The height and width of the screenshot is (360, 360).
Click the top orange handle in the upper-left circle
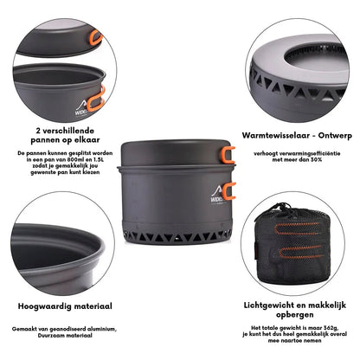pyautogui.click(x=93, y=38)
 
